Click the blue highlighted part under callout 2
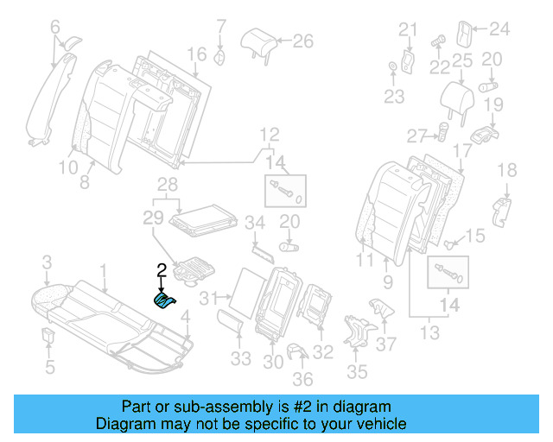[x=163, y=300]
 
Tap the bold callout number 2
[x=162, y=270]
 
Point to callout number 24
[x=499, y=30]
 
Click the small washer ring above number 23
[x=393, y=66]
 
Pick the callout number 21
[x=407, y=30]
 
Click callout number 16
[x=197, y=54]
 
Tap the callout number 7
[x=220, y=24]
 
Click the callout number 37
[x=387, y=344]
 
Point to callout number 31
[x=207, y=299]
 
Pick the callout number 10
[x=68, y=167]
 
